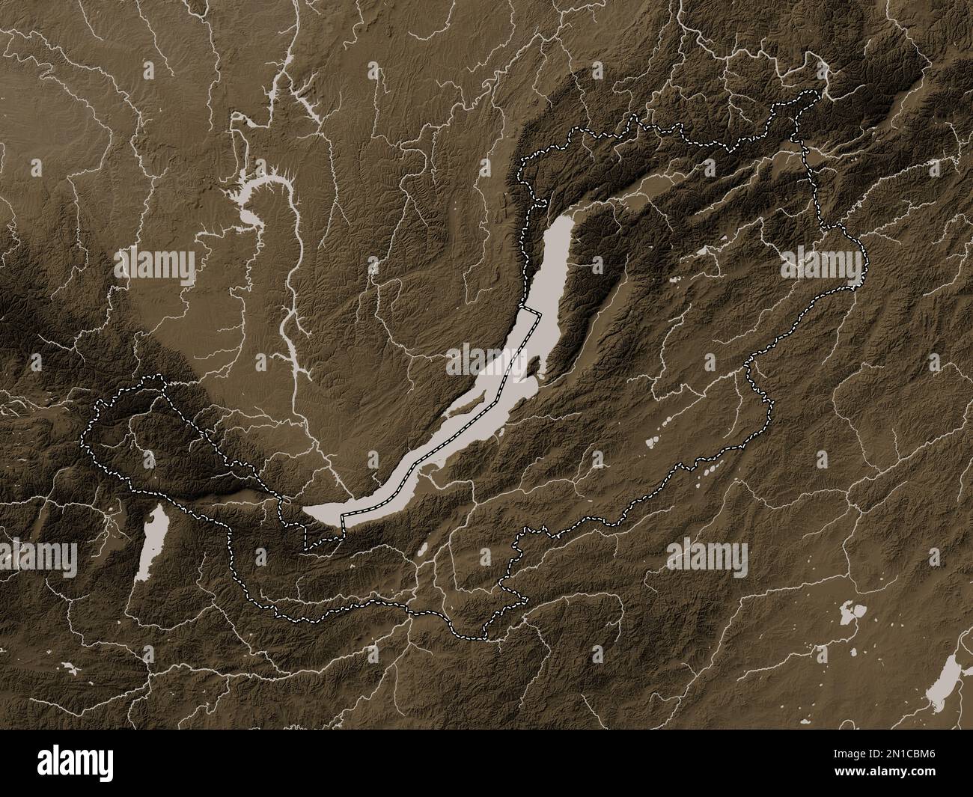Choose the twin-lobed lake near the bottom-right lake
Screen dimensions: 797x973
(x=851, y=614)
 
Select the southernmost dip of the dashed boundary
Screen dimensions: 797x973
(x=479, y=638)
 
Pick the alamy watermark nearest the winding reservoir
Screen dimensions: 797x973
(x=156, y=263)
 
